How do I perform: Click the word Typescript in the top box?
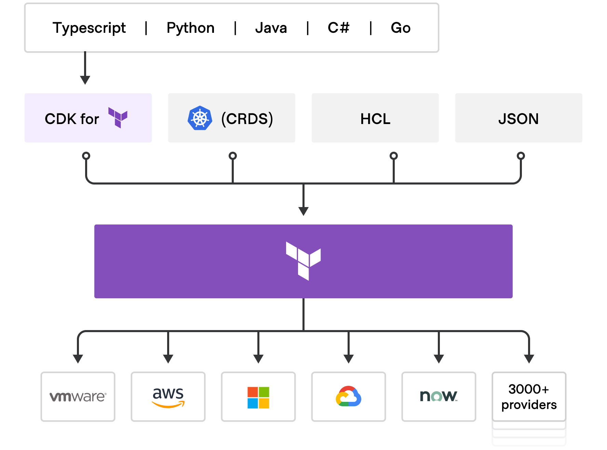click(89, 28)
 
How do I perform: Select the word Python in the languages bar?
click(190, 28)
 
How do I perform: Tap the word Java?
click(271, 28)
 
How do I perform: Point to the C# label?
click(338, 28)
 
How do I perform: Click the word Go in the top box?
click(401, 28)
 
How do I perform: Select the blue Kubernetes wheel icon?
click(200, 118)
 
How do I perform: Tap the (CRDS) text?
click(247, 119)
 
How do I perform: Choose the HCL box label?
click(375, 119)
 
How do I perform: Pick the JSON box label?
click(518, 119)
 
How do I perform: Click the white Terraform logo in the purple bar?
click(303, 261)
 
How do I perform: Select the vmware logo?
click(78, 396)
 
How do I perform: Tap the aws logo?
click(168, 397)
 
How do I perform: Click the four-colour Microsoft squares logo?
click(258, 397)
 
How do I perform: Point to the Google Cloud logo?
click(348, 396)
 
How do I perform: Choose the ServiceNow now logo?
click(439, 396)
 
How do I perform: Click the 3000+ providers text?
click(529, 397)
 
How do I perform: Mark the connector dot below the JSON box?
click(521, 156)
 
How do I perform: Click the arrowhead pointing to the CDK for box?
click(85, 80)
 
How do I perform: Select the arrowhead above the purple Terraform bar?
click(303, 211)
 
